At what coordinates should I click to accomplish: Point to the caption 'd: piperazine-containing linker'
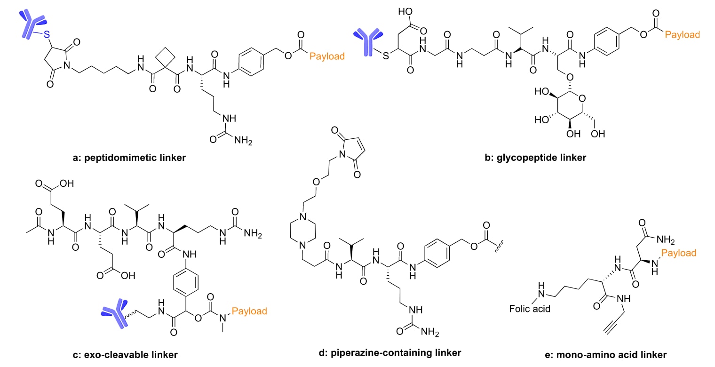(390, 352)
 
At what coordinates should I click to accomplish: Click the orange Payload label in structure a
(327, 56)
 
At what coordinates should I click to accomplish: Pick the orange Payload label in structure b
(682, 34)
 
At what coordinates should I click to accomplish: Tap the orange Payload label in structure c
(249, 311)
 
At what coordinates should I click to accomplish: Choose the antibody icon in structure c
(115, 312)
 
